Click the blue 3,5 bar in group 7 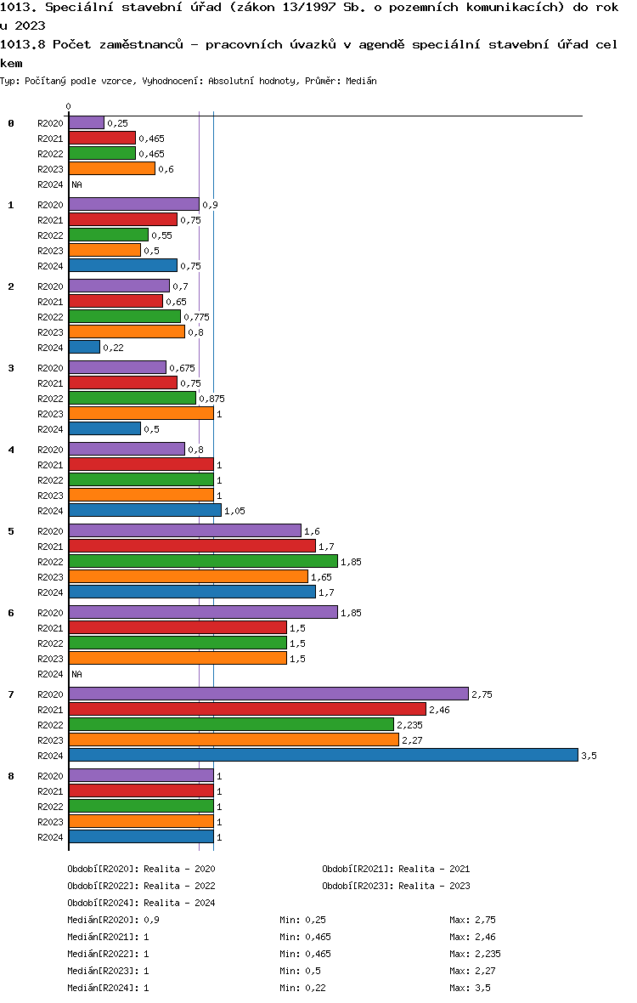click(324, 756)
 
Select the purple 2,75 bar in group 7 click(268, 694)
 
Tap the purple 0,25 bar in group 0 click(87, 122)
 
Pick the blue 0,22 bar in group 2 click(84, 348)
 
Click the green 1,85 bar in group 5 click(203, 562)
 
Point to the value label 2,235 click(409, 725)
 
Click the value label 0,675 click(182, 368)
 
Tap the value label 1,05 click(234, 511)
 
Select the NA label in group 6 click(76, 674)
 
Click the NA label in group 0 click(76, 184)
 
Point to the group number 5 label click(11, 531)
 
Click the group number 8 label click(11, 777)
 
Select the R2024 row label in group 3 click(50, 430)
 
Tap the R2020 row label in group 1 click(50, 206)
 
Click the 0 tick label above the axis click(68, 107)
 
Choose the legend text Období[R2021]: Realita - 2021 click(396, 869)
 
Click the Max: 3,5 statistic click(471, 988)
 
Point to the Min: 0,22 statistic click(303, 988)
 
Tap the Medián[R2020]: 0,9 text click(114, 920)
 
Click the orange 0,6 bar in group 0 click(112, 169)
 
